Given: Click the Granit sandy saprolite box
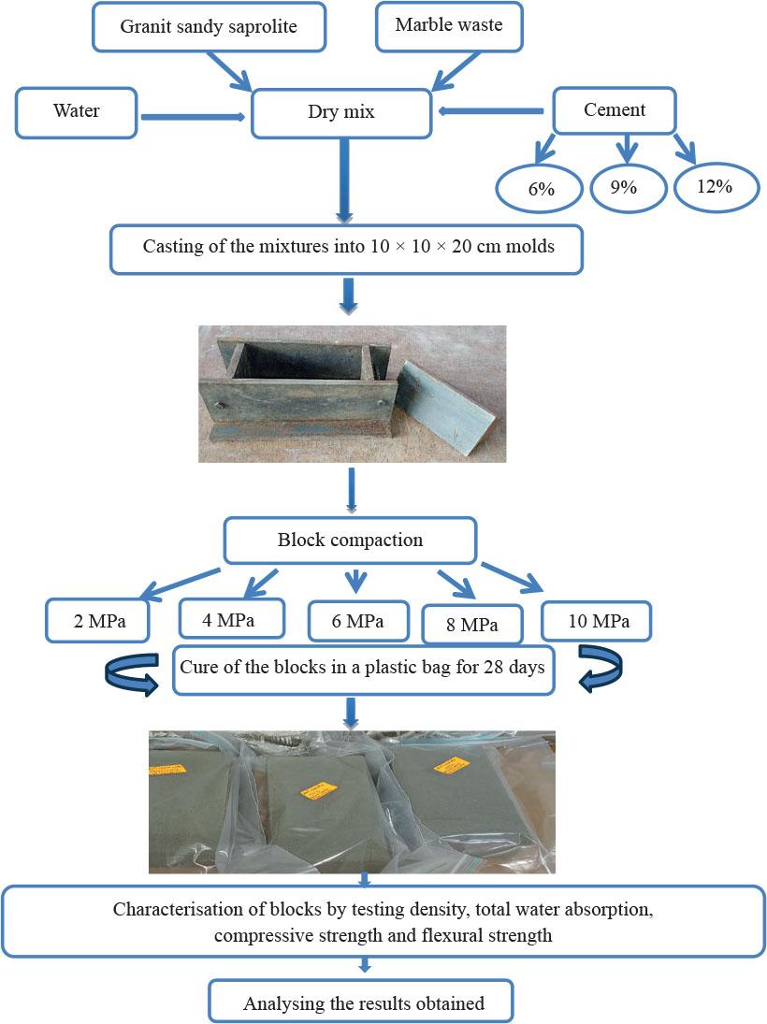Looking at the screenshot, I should tap(209, 26).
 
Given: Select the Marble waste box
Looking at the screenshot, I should tap(448, 25).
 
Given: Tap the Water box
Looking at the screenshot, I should tap(76, 111).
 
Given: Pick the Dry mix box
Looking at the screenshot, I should tap(341, 113).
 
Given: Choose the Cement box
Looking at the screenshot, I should tap(614, 110).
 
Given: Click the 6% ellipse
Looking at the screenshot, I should tap(541, 188).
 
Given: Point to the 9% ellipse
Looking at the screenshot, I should tap(624, 187).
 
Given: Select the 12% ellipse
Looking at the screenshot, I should tap(715, 186).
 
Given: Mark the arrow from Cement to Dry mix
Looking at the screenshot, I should tap(491, 112).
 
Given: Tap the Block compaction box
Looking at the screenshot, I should tap(350, 541).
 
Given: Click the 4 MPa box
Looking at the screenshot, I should tap(230, 618).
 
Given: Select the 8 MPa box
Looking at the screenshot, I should tap(472, 625).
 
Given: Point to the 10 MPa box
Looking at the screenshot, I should tap(597, 621).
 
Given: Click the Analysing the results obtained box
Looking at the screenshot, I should tap(363, 1003).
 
